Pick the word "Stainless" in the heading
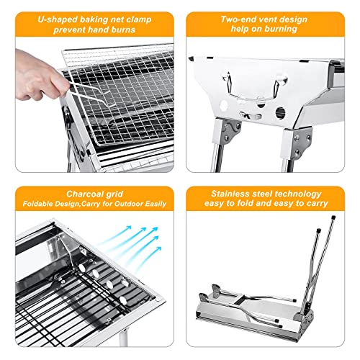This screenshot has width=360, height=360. (x=230, y=194)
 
